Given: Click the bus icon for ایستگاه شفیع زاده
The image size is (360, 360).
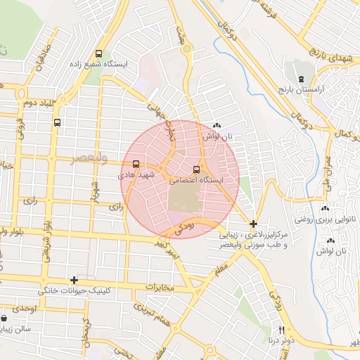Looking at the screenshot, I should [x=98, y=53].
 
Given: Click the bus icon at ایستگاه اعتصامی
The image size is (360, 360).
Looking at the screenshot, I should [x=196, y=169].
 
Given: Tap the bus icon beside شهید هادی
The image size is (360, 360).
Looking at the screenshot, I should [x=135, y=166].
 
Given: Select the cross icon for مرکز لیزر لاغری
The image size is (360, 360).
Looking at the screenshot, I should [x=253, y=224].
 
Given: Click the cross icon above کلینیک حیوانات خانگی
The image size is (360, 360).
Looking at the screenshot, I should [x=74, y=280].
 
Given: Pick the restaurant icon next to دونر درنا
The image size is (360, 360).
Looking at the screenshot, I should [x=281, y=330].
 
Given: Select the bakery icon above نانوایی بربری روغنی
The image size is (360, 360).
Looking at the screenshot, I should [x=324, y=209].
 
